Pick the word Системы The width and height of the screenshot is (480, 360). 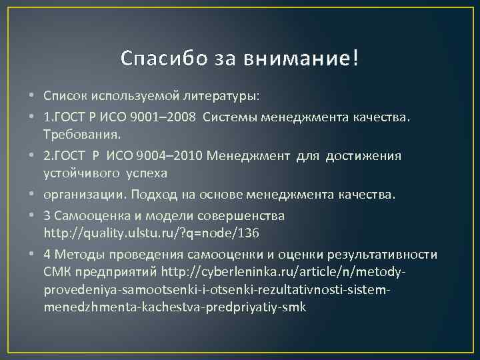(x=226, y=117)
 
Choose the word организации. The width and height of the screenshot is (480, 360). (x=85, y=195)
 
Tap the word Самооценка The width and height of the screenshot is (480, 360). (x=87, y=215)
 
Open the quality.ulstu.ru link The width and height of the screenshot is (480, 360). (x=151, y=233)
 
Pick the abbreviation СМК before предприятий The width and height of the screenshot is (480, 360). (x=57, y=272)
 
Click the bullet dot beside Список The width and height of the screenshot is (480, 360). (x=33, y=97)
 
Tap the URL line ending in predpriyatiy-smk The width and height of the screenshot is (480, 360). (x=174, y=307)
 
